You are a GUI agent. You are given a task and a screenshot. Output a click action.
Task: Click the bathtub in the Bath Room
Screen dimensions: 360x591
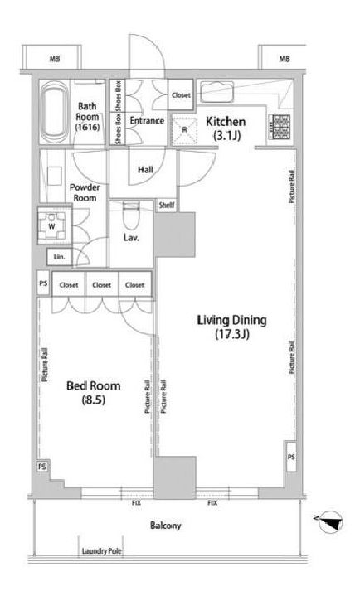pos(55,112)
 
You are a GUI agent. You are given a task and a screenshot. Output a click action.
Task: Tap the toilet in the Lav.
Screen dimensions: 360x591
pos(131,216)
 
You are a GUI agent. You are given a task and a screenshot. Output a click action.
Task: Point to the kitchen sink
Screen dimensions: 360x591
pos(217,91)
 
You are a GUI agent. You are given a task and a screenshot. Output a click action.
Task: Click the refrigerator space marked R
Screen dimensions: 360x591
pos(184,130)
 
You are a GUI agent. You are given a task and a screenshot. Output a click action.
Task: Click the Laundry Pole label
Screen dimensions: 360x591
pos(102,551)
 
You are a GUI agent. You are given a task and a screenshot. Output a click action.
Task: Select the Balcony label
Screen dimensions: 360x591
pos(165,526)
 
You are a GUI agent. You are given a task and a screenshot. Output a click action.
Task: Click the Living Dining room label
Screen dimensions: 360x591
pos(231,327)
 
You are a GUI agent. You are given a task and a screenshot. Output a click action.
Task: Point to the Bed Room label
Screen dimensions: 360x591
pos(93,392)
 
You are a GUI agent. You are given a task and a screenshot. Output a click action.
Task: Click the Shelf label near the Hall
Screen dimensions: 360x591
pos(167,205)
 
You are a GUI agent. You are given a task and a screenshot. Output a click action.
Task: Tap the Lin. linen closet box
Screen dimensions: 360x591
pos(59,257)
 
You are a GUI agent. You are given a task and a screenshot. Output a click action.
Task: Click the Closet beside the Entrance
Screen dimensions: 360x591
pos(181,95)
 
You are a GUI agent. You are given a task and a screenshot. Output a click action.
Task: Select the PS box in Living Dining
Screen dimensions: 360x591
pos(291,457)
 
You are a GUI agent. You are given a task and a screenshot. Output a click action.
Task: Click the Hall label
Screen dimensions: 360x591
pos(145,170)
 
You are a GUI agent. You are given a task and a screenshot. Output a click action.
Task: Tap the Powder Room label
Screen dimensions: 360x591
pos(85,192)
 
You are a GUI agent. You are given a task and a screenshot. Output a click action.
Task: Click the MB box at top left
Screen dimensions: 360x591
pos(52,57)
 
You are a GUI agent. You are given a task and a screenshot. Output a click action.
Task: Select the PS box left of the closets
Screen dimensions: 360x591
pos(43,283)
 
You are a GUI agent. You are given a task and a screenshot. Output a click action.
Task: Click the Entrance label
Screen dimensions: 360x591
pos(147,121)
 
